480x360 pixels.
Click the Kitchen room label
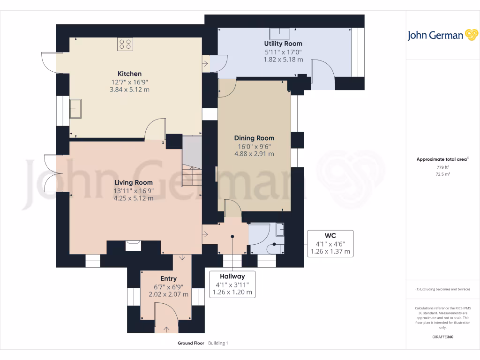tap(129, 74)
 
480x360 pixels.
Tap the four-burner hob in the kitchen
tap(125, 44)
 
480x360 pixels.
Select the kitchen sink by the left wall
tap(75, 109)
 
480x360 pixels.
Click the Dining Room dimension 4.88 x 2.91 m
tap(254, 154)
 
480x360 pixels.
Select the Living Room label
tap(134, 182)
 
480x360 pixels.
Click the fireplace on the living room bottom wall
tap(134, 245)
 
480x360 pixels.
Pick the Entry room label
tap(168, 278)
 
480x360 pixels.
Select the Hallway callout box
tap(233, 284)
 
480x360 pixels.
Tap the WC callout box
tap(330, 243)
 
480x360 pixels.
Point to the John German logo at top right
tap(442, 35)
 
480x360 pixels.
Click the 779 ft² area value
tap(443, 167)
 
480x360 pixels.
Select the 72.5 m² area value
tap(443, 174)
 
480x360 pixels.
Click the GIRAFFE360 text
tap(443, 337)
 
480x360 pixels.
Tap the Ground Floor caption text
tap(191, 343)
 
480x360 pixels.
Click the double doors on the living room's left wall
tap(50, 174)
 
